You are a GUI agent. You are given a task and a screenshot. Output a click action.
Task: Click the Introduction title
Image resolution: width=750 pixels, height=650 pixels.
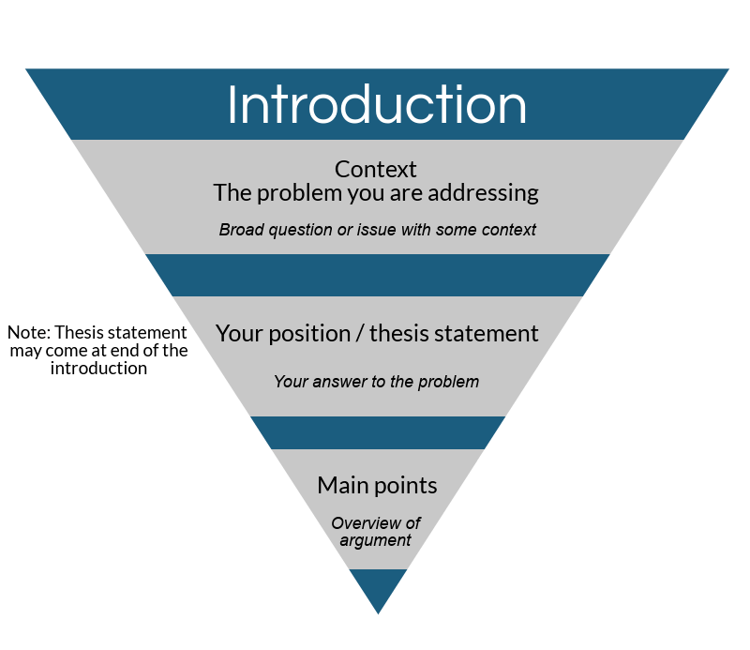pos(377,104)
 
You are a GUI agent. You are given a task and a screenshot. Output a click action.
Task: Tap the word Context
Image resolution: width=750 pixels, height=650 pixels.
pos(375,170)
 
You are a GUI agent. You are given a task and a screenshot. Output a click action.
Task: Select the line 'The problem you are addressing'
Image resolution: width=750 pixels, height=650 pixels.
pos(376,193)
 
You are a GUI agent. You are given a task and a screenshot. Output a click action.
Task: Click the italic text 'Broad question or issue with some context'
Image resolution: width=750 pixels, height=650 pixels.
pos(377,230)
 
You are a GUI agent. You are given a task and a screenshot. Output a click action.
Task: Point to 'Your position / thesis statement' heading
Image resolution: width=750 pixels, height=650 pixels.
pos(377,333)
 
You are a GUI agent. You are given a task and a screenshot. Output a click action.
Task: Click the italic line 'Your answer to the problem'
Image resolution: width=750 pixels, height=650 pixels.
pos(376,382)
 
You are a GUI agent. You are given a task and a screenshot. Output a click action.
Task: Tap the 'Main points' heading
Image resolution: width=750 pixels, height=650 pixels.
pos(377,485)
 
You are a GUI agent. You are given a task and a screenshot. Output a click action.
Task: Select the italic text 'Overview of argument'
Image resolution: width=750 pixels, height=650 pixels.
pos(376,532)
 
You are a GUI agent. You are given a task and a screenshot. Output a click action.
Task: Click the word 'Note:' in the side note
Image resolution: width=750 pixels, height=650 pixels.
pos(29,333)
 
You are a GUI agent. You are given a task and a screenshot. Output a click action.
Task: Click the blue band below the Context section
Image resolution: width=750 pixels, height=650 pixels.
pos(377,275)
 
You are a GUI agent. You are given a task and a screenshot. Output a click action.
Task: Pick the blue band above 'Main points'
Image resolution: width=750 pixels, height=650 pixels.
pos(377,432)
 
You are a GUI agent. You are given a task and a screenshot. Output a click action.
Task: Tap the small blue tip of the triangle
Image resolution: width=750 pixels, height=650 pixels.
pos(378,587)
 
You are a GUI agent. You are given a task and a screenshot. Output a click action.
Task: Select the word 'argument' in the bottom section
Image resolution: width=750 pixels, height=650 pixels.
pos(376,541)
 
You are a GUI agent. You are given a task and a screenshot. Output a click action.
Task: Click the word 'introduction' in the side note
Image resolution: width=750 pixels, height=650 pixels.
pos(98,369)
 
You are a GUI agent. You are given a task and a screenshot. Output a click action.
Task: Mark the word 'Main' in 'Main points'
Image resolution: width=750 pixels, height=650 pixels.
pos(340,485)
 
